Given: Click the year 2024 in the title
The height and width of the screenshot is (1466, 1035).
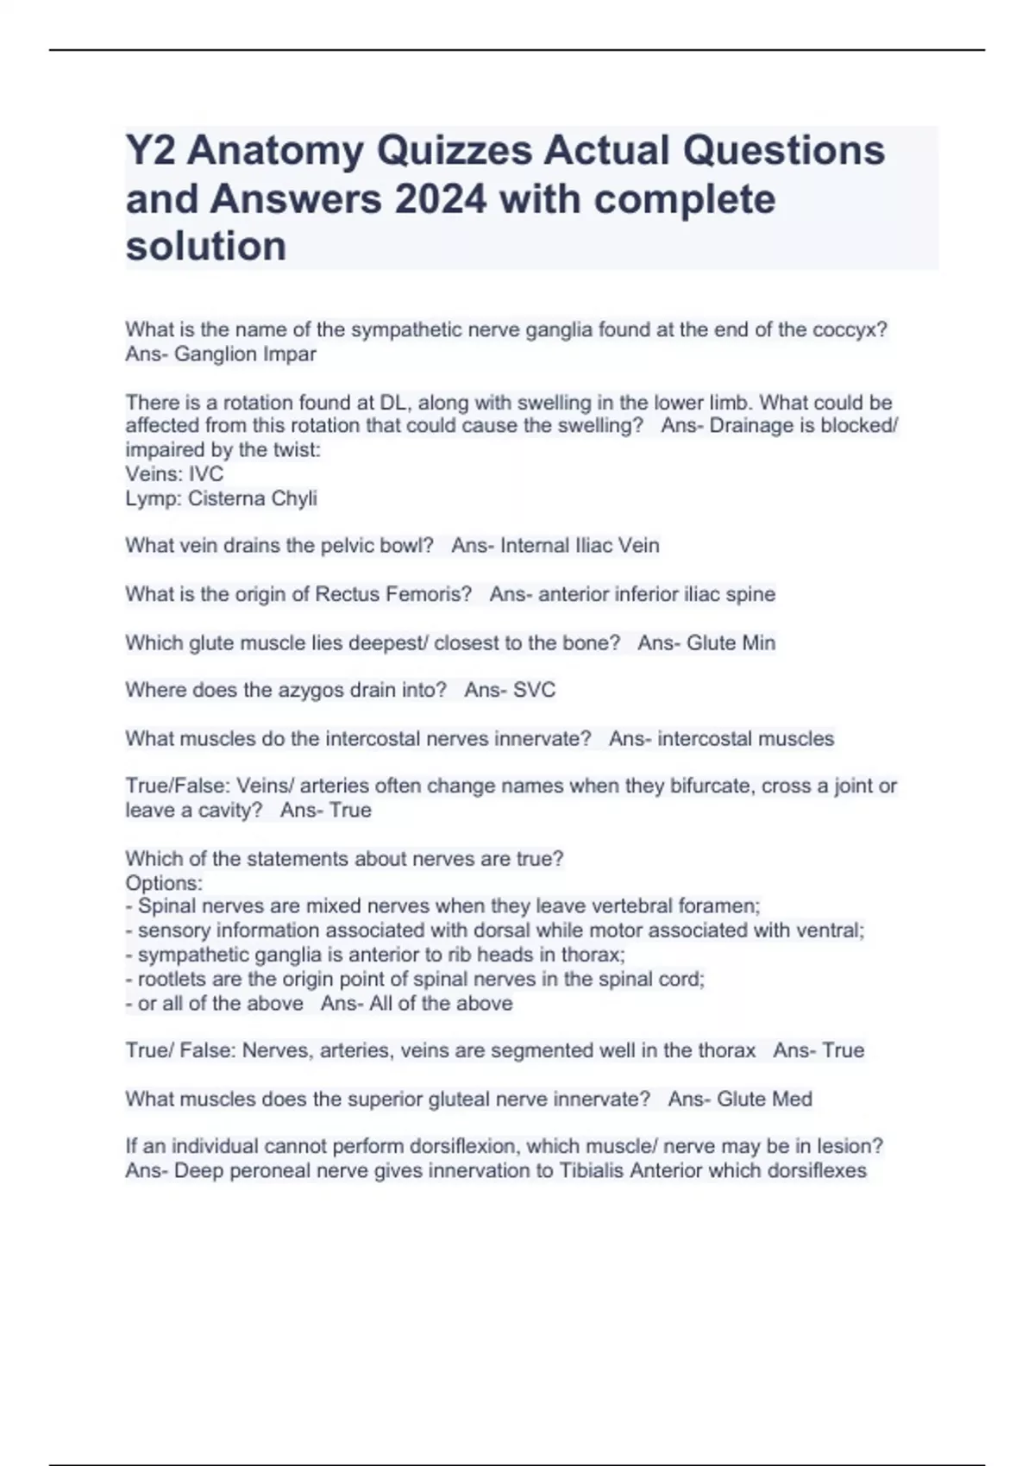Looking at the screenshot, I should [439, 199].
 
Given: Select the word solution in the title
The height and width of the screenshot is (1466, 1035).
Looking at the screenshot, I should [206, 247].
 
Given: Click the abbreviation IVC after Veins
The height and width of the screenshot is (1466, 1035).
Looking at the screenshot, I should [206, 474].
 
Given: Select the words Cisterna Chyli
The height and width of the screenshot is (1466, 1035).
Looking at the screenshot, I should [253, 498].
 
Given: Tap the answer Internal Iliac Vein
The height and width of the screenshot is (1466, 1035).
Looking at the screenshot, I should [580, 546].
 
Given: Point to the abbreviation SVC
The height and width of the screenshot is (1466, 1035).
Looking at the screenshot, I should [534, 690].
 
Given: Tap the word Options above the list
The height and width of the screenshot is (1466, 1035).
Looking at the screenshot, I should [162, 883].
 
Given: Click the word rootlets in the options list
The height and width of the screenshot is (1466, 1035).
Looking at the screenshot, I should [172, 979].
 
